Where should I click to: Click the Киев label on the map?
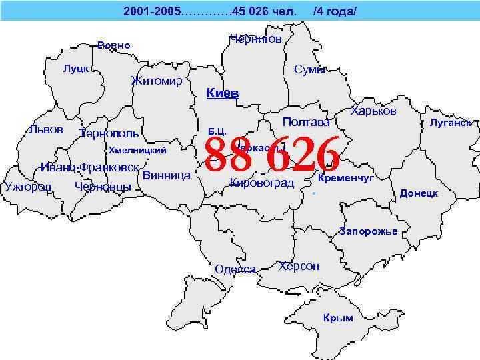223,93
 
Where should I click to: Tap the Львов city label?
47,129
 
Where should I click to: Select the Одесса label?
236,269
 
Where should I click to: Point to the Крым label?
338,318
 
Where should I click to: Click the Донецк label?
419,193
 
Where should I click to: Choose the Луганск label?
451,123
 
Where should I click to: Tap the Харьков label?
373,111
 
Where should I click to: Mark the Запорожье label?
368,231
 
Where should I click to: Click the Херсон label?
299,266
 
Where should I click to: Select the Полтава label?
307,122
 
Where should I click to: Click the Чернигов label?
255,39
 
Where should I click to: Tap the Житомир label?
157,81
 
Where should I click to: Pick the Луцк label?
76,69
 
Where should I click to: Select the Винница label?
167,176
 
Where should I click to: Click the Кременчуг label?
346,179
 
